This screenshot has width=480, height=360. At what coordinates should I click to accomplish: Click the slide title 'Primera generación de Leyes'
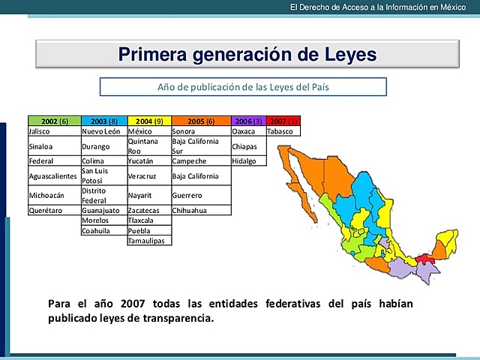pyautogui.click(x=247, y=55)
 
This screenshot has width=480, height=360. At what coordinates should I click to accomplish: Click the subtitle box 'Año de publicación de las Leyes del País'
pyautogui.click(x=243, y=87)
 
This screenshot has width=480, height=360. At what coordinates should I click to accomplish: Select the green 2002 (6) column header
pyautogui.click(x=54, y=121)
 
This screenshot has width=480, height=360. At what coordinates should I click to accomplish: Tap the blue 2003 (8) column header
pyautogui.click(x=103, y=121)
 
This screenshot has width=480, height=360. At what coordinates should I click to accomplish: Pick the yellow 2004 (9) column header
pyautogui.click(x=148, y=121)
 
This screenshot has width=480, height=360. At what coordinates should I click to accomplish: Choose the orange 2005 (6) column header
pyautogui.click(x=200, y=121)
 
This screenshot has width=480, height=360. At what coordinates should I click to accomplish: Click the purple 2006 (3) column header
pyautogui.click(x=247, y=121)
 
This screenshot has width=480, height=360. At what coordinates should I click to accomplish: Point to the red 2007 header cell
pyautogui.click(x=283, y=121)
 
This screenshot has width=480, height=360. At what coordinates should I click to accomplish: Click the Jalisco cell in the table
pyautogui.click(x=54, y=130)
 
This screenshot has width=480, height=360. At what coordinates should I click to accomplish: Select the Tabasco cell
pyautogui.click(x=283, y=130)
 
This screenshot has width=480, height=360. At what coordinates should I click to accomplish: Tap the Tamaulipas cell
pyautogui.click(x=148, y=241)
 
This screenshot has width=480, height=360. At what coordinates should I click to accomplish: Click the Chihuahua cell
pyautogui.click(x=200, y=211)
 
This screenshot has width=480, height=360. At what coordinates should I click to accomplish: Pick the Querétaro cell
pyautogui.click(x=54, y=211)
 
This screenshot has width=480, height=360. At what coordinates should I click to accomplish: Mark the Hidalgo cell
pyautogui.click(x=247, y=160)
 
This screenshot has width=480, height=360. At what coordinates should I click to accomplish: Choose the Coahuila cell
pyautogui.click(x=103, y=231)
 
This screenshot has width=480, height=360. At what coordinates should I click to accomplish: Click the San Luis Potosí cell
pyautogui.click(x=103, y=175)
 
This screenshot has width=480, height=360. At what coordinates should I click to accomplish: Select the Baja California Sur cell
pyautogui.click(x=200, y=145)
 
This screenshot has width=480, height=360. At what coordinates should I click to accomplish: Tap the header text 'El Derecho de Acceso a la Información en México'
pyautogui.click(x=373, y=7)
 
